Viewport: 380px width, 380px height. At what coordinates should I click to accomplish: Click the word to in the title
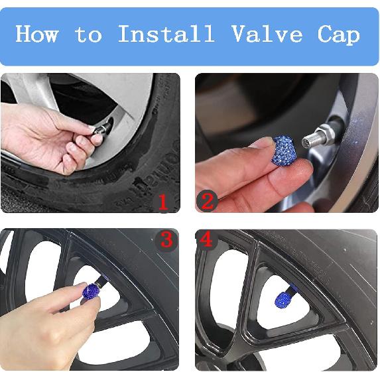tap(88, 34)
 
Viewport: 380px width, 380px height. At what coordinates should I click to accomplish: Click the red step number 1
tap(162, 201)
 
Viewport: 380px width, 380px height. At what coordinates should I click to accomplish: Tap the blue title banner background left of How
tap(8, 34)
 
